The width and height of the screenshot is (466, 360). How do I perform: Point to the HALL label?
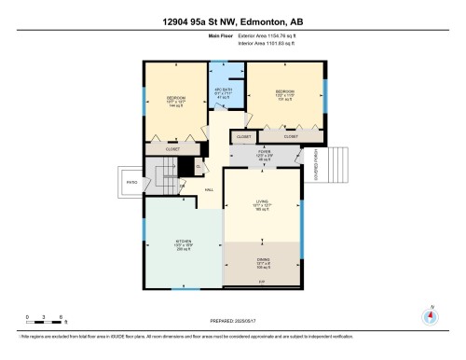210,189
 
